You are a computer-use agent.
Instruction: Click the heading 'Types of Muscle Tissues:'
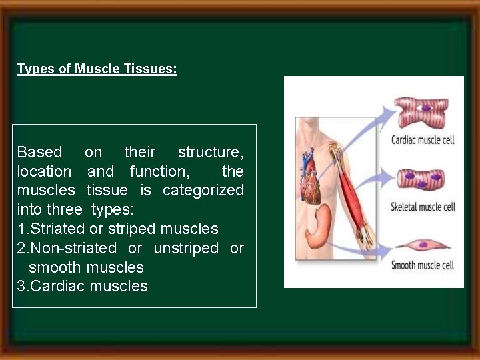97,69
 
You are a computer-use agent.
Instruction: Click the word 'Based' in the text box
39,152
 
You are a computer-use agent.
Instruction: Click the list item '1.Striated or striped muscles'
117,229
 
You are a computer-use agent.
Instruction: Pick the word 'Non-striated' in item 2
73,248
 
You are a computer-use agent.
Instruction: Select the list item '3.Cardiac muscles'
82,286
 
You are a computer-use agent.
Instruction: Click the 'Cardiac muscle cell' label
423,141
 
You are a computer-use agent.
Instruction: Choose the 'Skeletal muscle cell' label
423,207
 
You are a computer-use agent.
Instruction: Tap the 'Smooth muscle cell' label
423,265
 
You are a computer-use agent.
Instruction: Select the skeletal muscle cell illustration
421,179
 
